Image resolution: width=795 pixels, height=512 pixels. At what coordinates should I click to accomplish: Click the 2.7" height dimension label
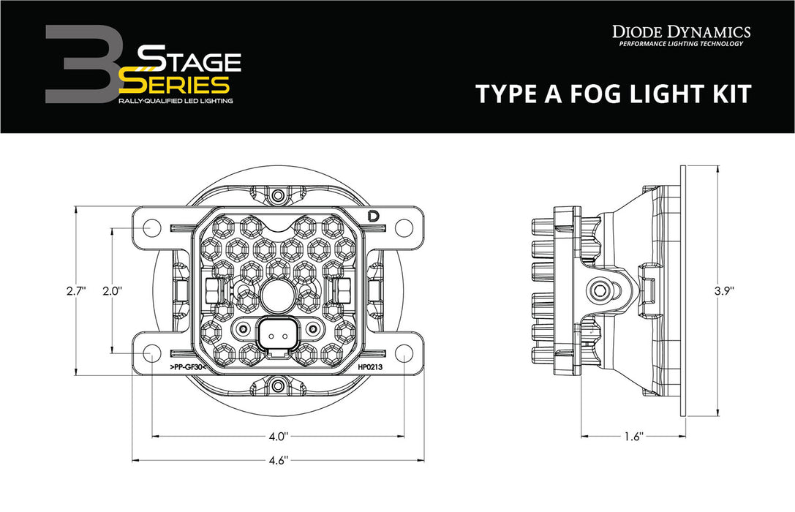pyautogui.click(x=75, y=290)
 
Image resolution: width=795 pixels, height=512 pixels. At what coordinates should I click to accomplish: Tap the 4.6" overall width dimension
pyautogui.click(x=277, y=460)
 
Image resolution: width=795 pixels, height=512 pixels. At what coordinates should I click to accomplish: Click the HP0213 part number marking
pyautogui.click(x=372, y=368)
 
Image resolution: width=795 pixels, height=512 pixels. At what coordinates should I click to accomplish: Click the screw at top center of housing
pyautogui.click(x=277, y=195)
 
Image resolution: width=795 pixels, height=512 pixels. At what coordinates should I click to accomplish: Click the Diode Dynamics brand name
pyautogui.click(x=680, y=31)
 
